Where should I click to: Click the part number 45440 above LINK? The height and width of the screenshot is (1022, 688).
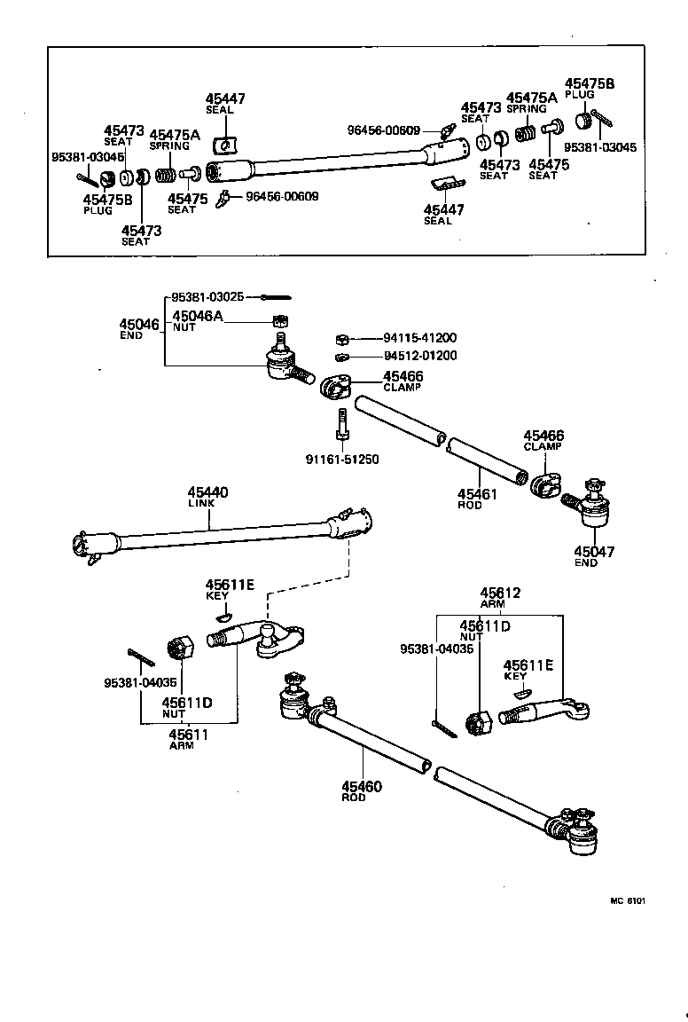click(x=207, y=491)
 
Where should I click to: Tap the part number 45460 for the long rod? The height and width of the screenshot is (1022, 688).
click(x=362, y=786)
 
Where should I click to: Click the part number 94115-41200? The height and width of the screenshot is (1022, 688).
click(x=420, y=338)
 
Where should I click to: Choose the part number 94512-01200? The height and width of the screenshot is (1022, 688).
click(x=420, y=356)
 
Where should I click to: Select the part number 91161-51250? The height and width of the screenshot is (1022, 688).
click(x=341, y=459)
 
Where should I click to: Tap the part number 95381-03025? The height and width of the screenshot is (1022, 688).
click(x=207, y=296)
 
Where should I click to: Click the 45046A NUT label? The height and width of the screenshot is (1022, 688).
click(x=197, y=320)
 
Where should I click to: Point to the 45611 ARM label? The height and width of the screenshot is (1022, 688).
click(x=188, y=739)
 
